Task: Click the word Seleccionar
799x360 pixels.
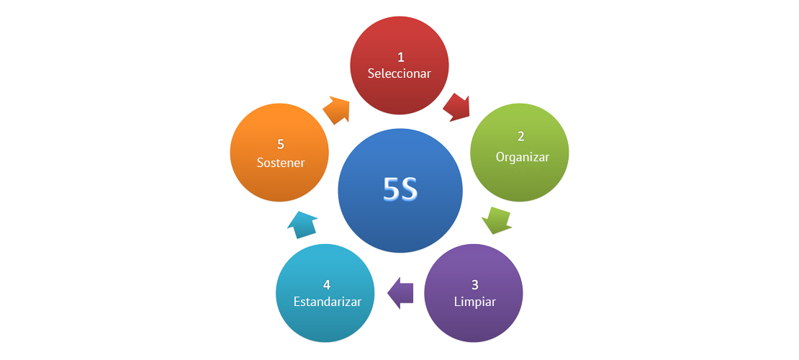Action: (399, 73)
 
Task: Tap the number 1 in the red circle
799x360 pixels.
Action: (400, 56)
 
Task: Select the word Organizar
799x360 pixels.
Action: (523, 157)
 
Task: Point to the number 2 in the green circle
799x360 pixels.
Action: (520, 137)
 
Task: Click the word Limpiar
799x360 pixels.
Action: (475, 301)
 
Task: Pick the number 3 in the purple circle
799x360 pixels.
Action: (474, 284)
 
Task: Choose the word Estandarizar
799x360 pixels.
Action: (327, 301)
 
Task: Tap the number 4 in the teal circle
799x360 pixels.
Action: (327, 284)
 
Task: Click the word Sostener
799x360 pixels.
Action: (281, 163)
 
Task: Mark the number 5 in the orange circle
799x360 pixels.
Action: (281, 144)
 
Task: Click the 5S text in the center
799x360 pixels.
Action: (400, 190)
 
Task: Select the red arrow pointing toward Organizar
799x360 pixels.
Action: (456, 107)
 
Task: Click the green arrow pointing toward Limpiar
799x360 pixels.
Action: (496, 220)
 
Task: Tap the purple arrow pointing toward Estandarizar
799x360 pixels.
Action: (401, 293)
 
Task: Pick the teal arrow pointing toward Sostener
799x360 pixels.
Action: (302, 224)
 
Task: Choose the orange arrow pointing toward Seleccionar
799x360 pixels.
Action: (336, 109)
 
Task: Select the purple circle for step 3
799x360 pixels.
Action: (474, 317)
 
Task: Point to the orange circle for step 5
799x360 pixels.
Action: (280, 180)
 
